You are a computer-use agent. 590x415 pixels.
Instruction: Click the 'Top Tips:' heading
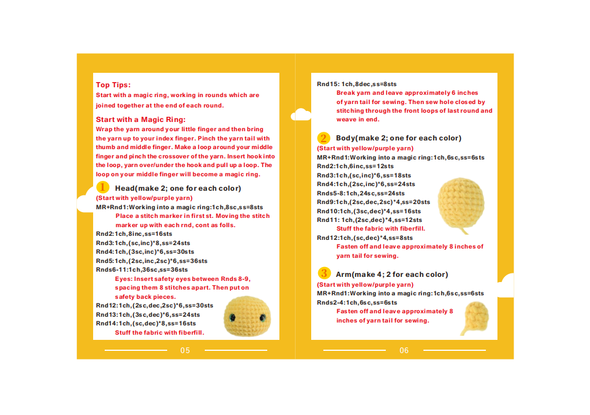(x=113, y=85)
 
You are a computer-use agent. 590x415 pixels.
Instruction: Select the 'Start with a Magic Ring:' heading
(x=141, y=120)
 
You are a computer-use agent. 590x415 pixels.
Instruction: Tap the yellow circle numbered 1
(x=102, y=187)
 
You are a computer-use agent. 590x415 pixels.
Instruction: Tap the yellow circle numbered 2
(x=323, y=138)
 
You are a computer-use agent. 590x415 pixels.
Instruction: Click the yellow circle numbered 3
(x=323, y=273)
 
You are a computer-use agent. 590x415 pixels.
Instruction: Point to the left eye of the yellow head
(x=233, y=317)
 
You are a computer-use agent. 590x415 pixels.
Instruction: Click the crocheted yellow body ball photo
(x=462, y=202)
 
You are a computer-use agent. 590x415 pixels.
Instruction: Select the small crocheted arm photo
(x=474, y=317)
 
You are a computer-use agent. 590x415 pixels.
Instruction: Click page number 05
(x=185, y=350)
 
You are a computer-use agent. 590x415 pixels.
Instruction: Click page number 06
(x=404, y=350)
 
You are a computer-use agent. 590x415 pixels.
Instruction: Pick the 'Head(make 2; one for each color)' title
(x=178, y=188)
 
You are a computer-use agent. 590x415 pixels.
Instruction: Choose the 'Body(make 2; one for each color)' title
(x=399, y=138)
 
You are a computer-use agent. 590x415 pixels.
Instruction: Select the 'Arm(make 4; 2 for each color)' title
(x=392, y=275)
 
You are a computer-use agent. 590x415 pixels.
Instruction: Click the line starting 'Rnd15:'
(x=357, y=84)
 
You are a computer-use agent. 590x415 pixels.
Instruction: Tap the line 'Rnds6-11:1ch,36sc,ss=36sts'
(x=142, y=269)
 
